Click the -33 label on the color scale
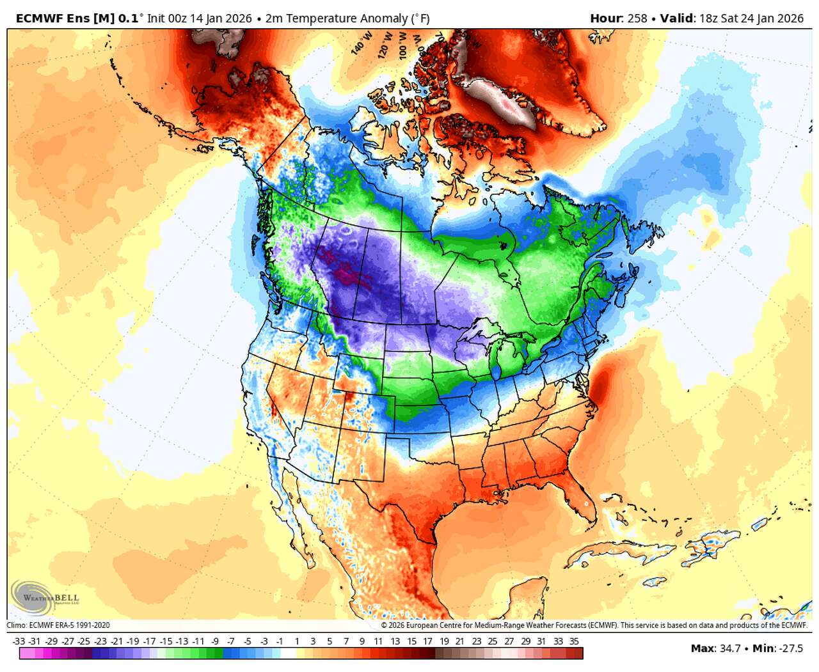(19, 641)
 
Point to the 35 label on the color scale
(574, 641)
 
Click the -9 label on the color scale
(215, 641)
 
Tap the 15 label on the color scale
(411, 641)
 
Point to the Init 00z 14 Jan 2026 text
(199, 19)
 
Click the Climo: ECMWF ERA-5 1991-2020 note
(58, 625)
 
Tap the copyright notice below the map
(594, 625)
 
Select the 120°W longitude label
(384, 48)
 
